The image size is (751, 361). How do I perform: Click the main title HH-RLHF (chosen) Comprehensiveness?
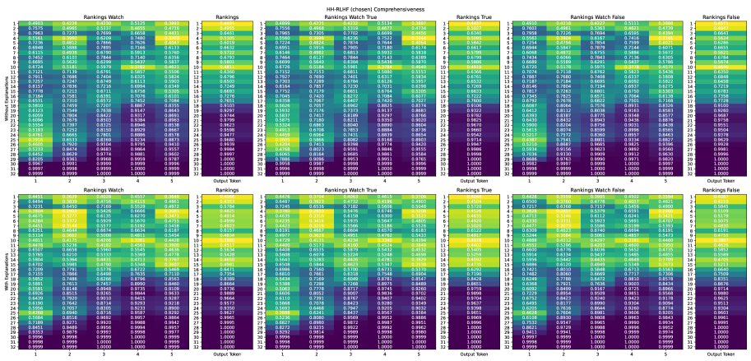375,5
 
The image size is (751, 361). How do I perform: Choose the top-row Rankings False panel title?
716,14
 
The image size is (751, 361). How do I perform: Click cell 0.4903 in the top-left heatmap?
37,22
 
